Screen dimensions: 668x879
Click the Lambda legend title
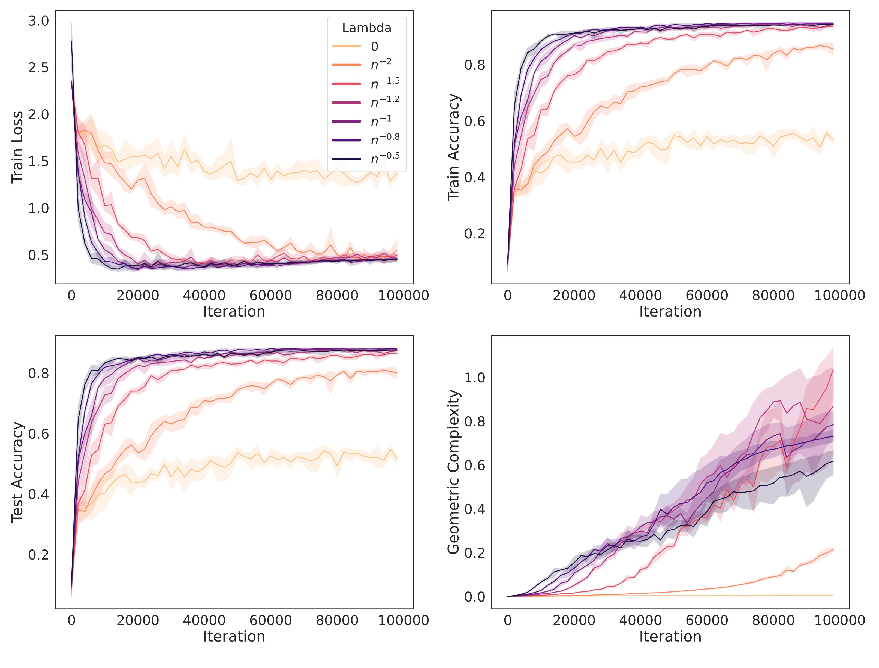(366, 28)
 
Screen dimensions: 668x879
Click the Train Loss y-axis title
(17, 147)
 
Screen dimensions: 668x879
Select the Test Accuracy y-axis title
(17, 472)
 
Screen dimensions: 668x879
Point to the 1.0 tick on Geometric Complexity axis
(475, 377)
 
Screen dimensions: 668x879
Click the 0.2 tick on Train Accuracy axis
(475, 234)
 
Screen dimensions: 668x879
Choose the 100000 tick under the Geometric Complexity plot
(840, 621)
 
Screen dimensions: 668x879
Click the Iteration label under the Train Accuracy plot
(670, 312)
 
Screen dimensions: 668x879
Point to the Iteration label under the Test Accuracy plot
(234, 637)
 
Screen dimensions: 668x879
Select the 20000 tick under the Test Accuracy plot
(138, 621)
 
